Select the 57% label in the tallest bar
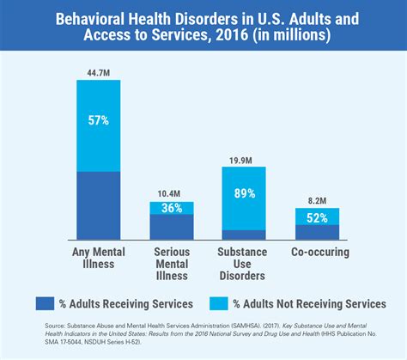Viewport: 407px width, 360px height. (97, 121)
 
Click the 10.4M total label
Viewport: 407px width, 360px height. (171, 194)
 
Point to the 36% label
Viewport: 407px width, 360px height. (171, 208)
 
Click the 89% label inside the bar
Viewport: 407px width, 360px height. (244, 194)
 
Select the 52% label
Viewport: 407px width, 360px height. (318, 217)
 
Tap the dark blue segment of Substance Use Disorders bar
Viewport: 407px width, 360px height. (244, 235)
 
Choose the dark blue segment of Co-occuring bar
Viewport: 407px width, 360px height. (318, 232)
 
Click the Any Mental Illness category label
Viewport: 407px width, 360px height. (97, 259)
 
